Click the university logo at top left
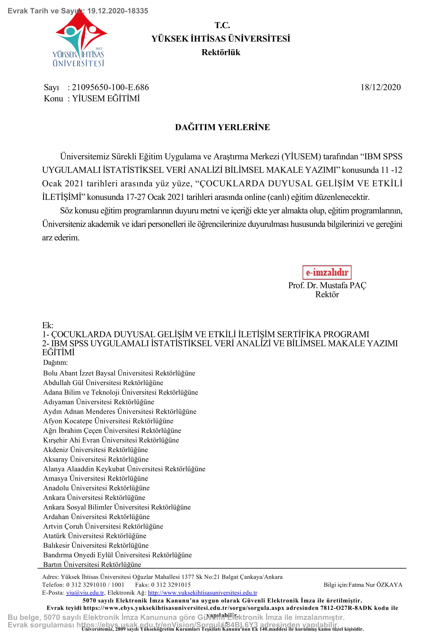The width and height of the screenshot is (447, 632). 79,39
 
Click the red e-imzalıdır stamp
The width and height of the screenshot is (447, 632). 327,272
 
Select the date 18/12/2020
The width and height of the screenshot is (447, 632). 380,87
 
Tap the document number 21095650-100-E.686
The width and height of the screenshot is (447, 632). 110,87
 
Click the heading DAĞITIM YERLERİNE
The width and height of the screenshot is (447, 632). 222,127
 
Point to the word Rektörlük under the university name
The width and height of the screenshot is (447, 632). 221,52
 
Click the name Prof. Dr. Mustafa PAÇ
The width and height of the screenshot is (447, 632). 327,285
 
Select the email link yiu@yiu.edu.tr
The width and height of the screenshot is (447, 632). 85,593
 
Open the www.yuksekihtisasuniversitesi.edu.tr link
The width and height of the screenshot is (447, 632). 203,593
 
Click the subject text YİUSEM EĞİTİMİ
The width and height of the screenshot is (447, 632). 106,99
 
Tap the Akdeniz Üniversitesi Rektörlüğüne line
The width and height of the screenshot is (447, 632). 95,450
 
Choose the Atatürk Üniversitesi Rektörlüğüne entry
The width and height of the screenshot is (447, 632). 94,536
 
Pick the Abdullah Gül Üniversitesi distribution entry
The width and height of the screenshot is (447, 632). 103,383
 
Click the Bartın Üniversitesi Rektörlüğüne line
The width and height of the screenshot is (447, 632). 92,564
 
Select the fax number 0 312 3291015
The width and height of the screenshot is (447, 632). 171,585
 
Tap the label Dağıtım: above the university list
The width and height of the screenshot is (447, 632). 55,363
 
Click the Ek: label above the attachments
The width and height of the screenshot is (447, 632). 48,325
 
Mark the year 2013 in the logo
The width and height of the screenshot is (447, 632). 98,49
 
